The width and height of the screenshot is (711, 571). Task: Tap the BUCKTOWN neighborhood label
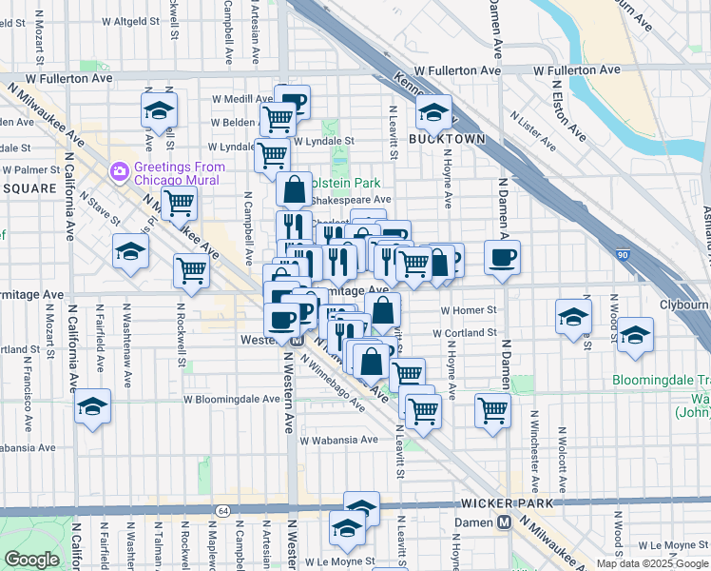tap(447, 139)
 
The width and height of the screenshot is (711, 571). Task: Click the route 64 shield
tap(221, 511)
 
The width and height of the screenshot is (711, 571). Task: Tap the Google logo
tap(31, 560)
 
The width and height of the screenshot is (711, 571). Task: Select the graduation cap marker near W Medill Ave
tap(159, 109)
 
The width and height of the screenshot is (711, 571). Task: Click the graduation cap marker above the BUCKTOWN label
tap(433, 113)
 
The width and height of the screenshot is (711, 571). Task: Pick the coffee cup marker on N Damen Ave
tap(502, 255)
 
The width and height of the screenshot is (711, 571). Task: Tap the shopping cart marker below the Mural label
tap(178, 202)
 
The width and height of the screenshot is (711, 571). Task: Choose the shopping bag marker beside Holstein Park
tap(295, 188)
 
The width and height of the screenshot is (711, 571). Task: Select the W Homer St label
tap(469, 310)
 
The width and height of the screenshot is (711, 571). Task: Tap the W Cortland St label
tap(465, 333)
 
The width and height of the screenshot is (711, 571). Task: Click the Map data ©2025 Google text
tap(651, 563)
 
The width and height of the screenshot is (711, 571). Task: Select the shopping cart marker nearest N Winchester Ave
tap(492, 410)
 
